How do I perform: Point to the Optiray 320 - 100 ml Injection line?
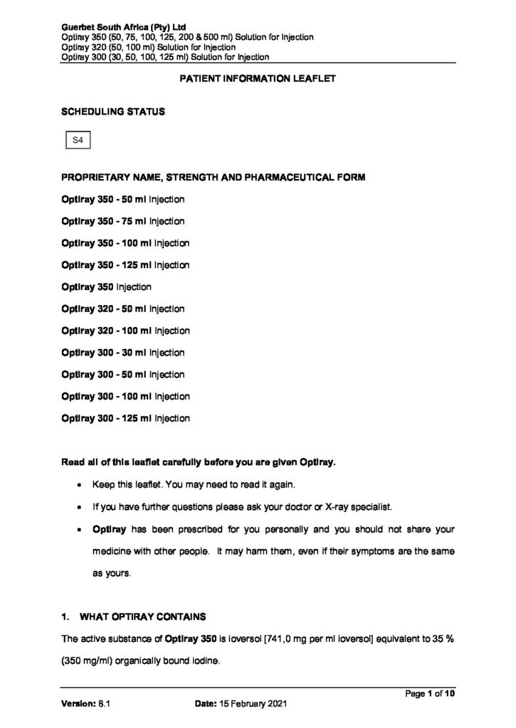(125, 331)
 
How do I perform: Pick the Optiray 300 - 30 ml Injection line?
(123, 353)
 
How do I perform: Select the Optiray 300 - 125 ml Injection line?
(125, 418)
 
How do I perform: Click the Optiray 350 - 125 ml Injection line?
(125, 265)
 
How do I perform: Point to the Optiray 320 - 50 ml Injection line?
(123, 309)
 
